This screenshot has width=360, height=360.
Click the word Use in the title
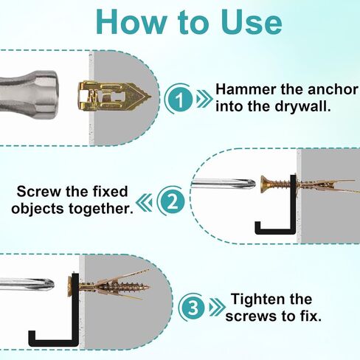(x=251, y=22)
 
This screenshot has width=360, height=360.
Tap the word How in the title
(x=131, y=22)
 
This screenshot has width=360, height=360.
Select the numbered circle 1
(x=179, y=99)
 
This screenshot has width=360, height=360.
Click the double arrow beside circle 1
(x=204, y=99)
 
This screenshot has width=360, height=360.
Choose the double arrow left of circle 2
(x=144, y=202)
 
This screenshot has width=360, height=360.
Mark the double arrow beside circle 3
(x=218, y=308)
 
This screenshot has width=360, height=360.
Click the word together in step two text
(x=100, y=209)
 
